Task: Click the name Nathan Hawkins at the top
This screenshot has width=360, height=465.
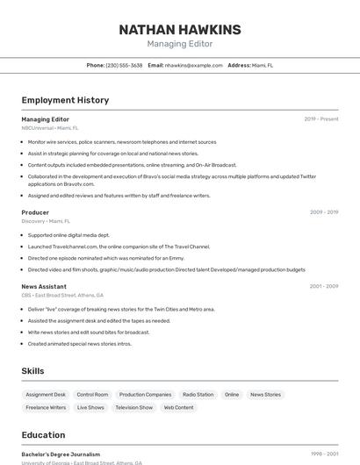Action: [179, 30]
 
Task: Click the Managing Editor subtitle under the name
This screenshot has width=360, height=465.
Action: [179, 44]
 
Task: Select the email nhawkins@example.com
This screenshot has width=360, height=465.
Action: [193, 66]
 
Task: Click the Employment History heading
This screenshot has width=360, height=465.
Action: [65, 100]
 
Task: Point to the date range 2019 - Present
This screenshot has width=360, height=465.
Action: [321, 119]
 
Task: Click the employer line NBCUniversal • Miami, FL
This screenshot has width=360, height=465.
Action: [50, 128]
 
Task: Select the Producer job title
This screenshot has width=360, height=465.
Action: [35, 212]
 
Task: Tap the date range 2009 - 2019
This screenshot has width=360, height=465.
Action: [323, 212]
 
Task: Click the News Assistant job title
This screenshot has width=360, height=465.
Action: [44, 287]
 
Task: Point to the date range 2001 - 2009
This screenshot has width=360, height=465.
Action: [323, 287]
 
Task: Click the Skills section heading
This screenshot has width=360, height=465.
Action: [32, 371]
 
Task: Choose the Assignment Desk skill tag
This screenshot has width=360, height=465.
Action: [46, 395]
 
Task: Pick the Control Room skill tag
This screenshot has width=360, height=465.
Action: [92, 395]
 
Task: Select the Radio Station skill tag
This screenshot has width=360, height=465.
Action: [198, 395]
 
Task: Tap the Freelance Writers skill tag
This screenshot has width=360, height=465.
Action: [46, 408]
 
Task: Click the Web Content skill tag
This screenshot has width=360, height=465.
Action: [178, 408]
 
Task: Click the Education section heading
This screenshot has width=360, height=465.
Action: [43, 435]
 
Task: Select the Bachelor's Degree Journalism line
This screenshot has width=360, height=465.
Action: [61, 454]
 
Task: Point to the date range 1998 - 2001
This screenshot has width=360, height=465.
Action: [324, 454]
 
